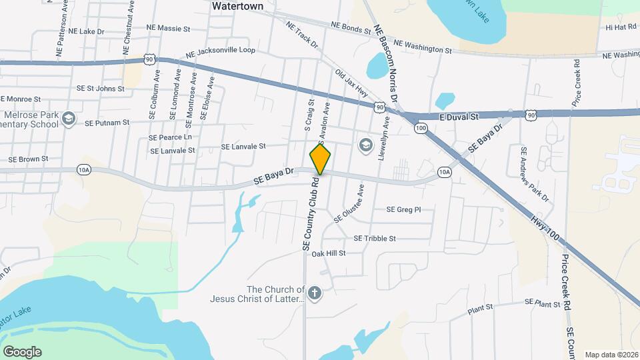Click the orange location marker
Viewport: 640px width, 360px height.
tap(320, 160)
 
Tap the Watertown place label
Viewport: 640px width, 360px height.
tap(237, 6)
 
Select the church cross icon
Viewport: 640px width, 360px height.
tap(315, 292)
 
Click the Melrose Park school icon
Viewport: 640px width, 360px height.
tap(67, 119)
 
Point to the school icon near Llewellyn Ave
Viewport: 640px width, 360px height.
tap(365, 144)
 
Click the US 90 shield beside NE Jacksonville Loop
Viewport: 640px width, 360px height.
tap(149, 60)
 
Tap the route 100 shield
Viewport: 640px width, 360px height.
tap(420, 128)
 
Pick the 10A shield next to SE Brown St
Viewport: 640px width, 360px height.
tap(83, 169)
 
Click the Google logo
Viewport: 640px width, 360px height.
tap(22, 351)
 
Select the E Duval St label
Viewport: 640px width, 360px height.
tap(459, 117)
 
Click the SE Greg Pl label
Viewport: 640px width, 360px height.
tap(404, 209)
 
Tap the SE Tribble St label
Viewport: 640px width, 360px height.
tap(375, 238)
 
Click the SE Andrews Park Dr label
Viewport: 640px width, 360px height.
tap(535, 175)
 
